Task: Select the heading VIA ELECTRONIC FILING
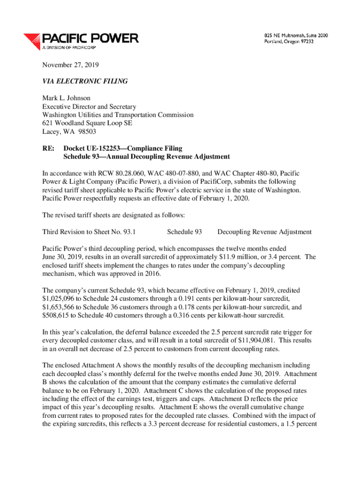click(85, 81)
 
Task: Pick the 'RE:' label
click(49, 148)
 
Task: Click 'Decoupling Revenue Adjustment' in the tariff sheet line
click(265, 232)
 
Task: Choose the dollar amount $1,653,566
click(60, 308)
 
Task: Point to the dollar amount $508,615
click(58, 316)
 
